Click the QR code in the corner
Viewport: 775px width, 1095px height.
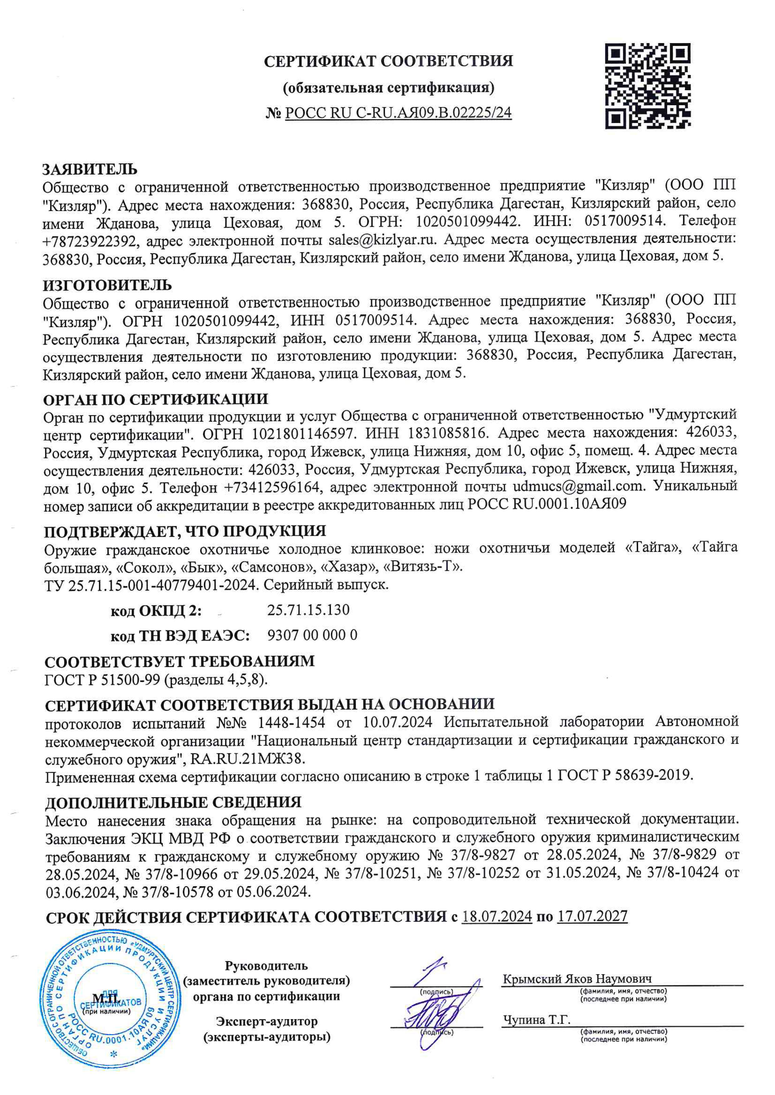pyautogui.click(x=647, y=86)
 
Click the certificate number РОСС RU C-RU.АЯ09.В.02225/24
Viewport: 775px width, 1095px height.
pyautogui.click(x=398, y=113)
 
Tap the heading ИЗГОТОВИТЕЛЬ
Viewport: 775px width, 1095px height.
pyautogui.click(x=107, y=285)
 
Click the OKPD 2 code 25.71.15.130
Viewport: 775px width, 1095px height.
pyautogui.click(x=308, y=610)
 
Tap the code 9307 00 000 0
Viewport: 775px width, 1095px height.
pyautogui.click(x=312, y=636)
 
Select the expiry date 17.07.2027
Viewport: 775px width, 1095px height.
pyautogui.click(x=592, y=916)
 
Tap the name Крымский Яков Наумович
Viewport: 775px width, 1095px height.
pyautogui.click(x=577, y=979)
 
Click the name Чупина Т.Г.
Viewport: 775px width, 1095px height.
pyautogui.click(x=536, y=1020)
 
